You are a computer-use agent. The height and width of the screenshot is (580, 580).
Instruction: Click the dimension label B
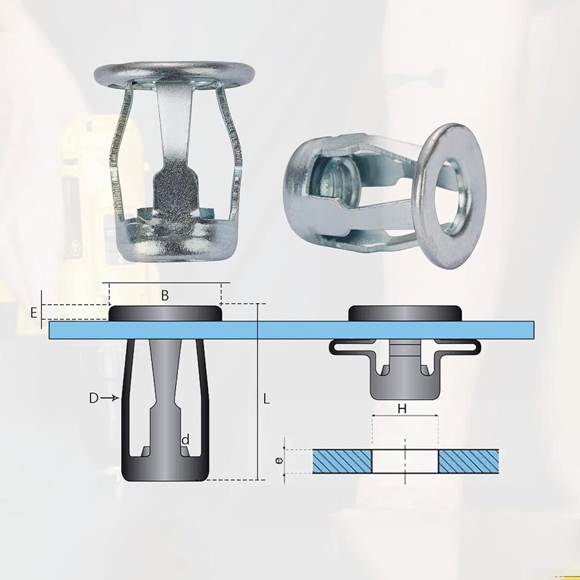pos(165,295)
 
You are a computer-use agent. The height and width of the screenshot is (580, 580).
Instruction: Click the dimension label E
pos(34,313)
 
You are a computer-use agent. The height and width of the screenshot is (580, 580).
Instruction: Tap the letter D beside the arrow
pos(94,398)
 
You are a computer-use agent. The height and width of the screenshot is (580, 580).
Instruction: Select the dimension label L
pos(267,399)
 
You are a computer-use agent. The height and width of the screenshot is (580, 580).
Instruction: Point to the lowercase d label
pos(185,440)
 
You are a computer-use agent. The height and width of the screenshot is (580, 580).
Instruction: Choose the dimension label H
pos(402,408)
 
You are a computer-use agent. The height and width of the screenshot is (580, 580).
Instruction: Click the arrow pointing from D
pos(110,398)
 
